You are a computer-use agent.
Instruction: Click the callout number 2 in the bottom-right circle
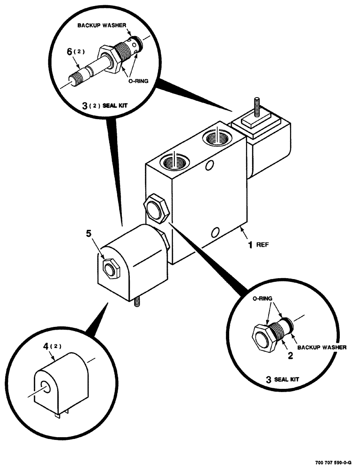click(290, 356)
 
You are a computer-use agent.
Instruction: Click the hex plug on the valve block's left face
click(156, 209)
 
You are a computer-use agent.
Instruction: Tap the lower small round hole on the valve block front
click(215, 232)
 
